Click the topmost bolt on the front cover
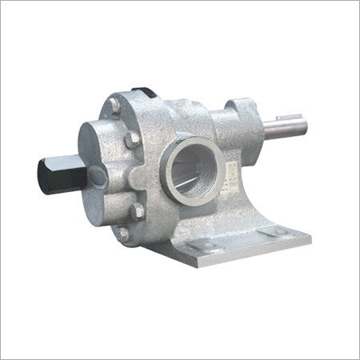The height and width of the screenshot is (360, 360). coord(115,105)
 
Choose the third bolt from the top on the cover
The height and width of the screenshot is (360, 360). coord(137,212)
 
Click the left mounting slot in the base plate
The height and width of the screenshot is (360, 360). coord(207,247)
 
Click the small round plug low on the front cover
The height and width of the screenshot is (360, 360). coord(97,178)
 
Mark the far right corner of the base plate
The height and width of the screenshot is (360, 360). coord(309,238)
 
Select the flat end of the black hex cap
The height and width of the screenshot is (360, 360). coord(42,175)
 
